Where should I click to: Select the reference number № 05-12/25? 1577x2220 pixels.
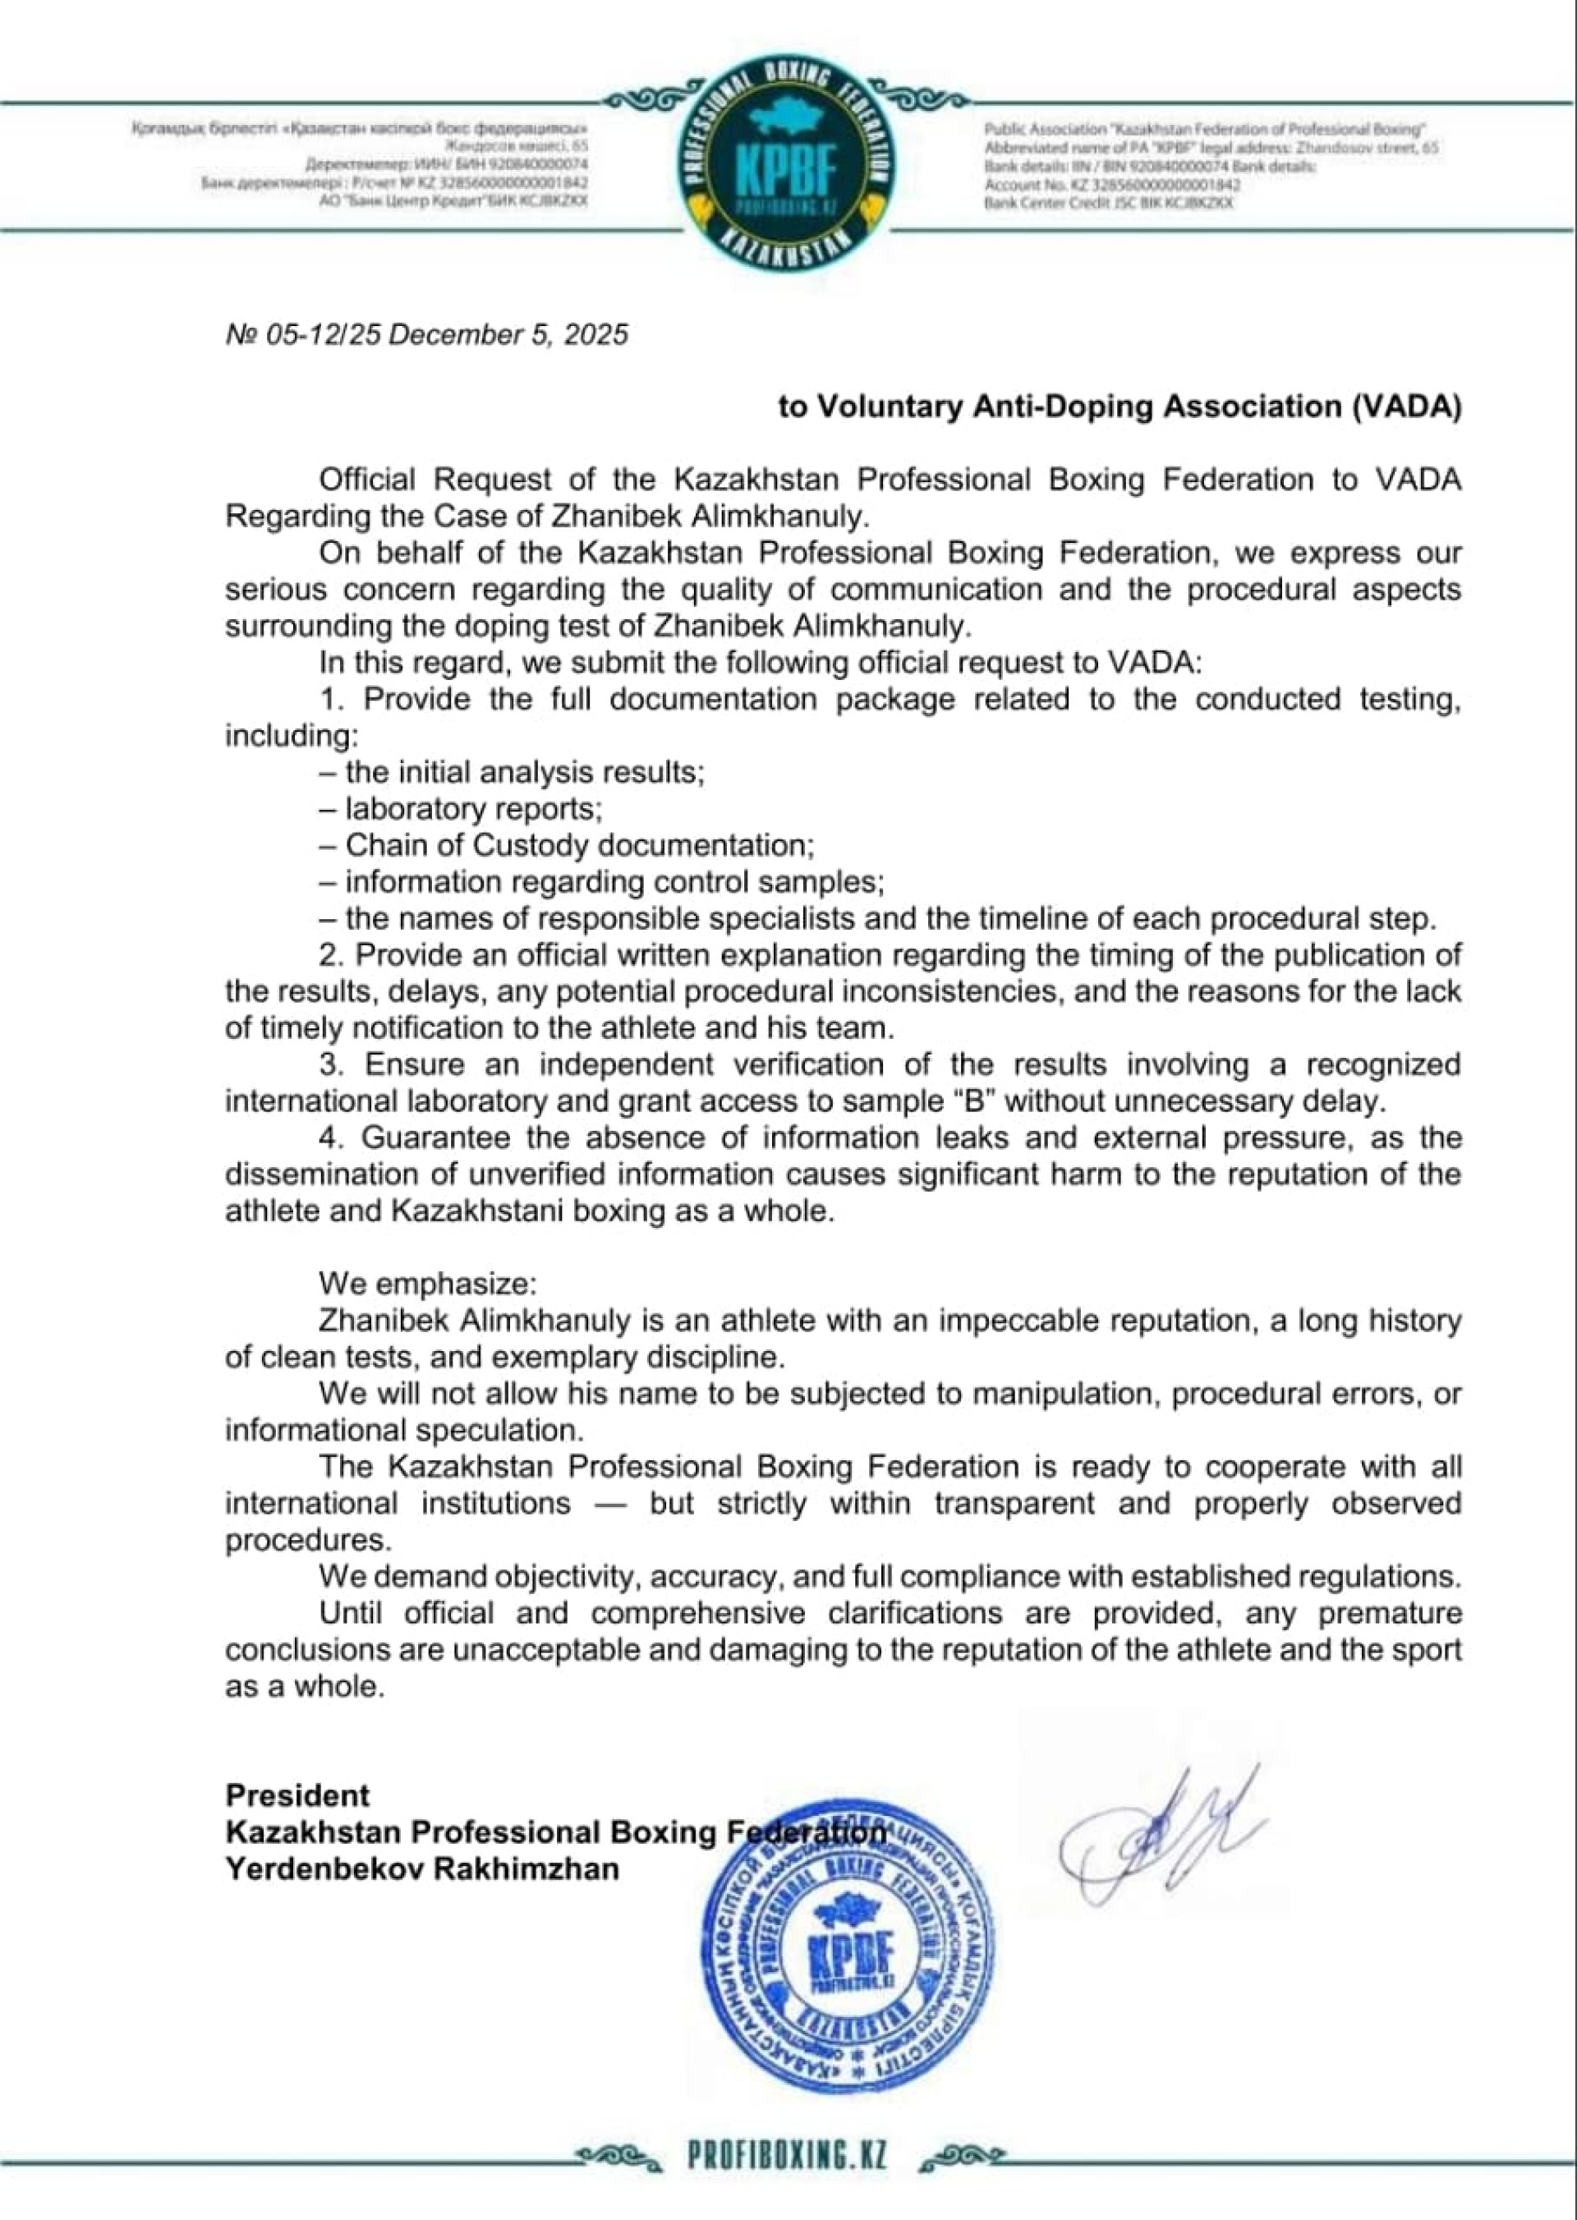pyautogui.click(x=302, y=335)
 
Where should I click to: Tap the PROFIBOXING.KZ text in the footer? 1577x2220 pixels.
pyautogui.click(x=787, y=2156)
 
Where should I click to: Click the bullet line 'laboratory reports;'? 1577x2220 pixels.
pyautogui.click(x=462, y=809)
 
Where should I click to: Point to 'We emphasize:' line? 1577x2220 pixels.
pyautogui.click(x=427, y=1284)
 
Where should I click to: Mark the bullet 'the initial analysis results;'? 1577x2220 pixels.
pyautogui.click(x=512, y=772)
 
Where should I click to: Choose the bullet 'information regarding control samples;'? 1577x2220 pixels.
pyautogui.click(x=602, y=882)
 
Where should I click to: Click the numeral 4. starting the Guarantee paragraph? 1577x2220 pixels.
pyautogui.click(x=332, y=1138)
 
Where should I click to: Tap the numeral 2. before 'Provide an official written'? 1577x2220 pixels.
pyautogui.click(x=330, y=954)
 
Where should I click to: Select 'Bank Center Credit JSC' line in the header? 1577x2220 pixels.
pyautogui.click(x=1108, y=204)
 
